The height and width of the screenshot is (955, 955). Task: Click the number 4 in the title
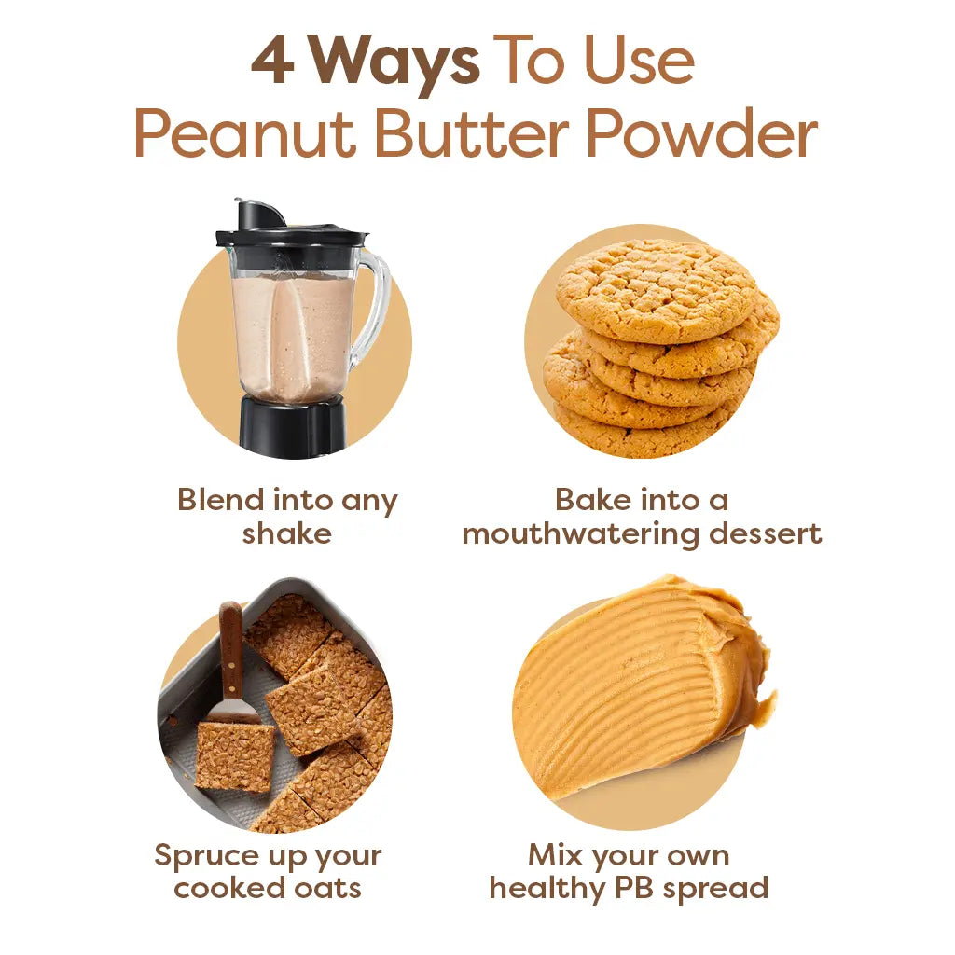tap(272, 62)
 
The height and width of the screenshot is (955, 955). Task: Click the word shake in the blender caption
tap(286, 534)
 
